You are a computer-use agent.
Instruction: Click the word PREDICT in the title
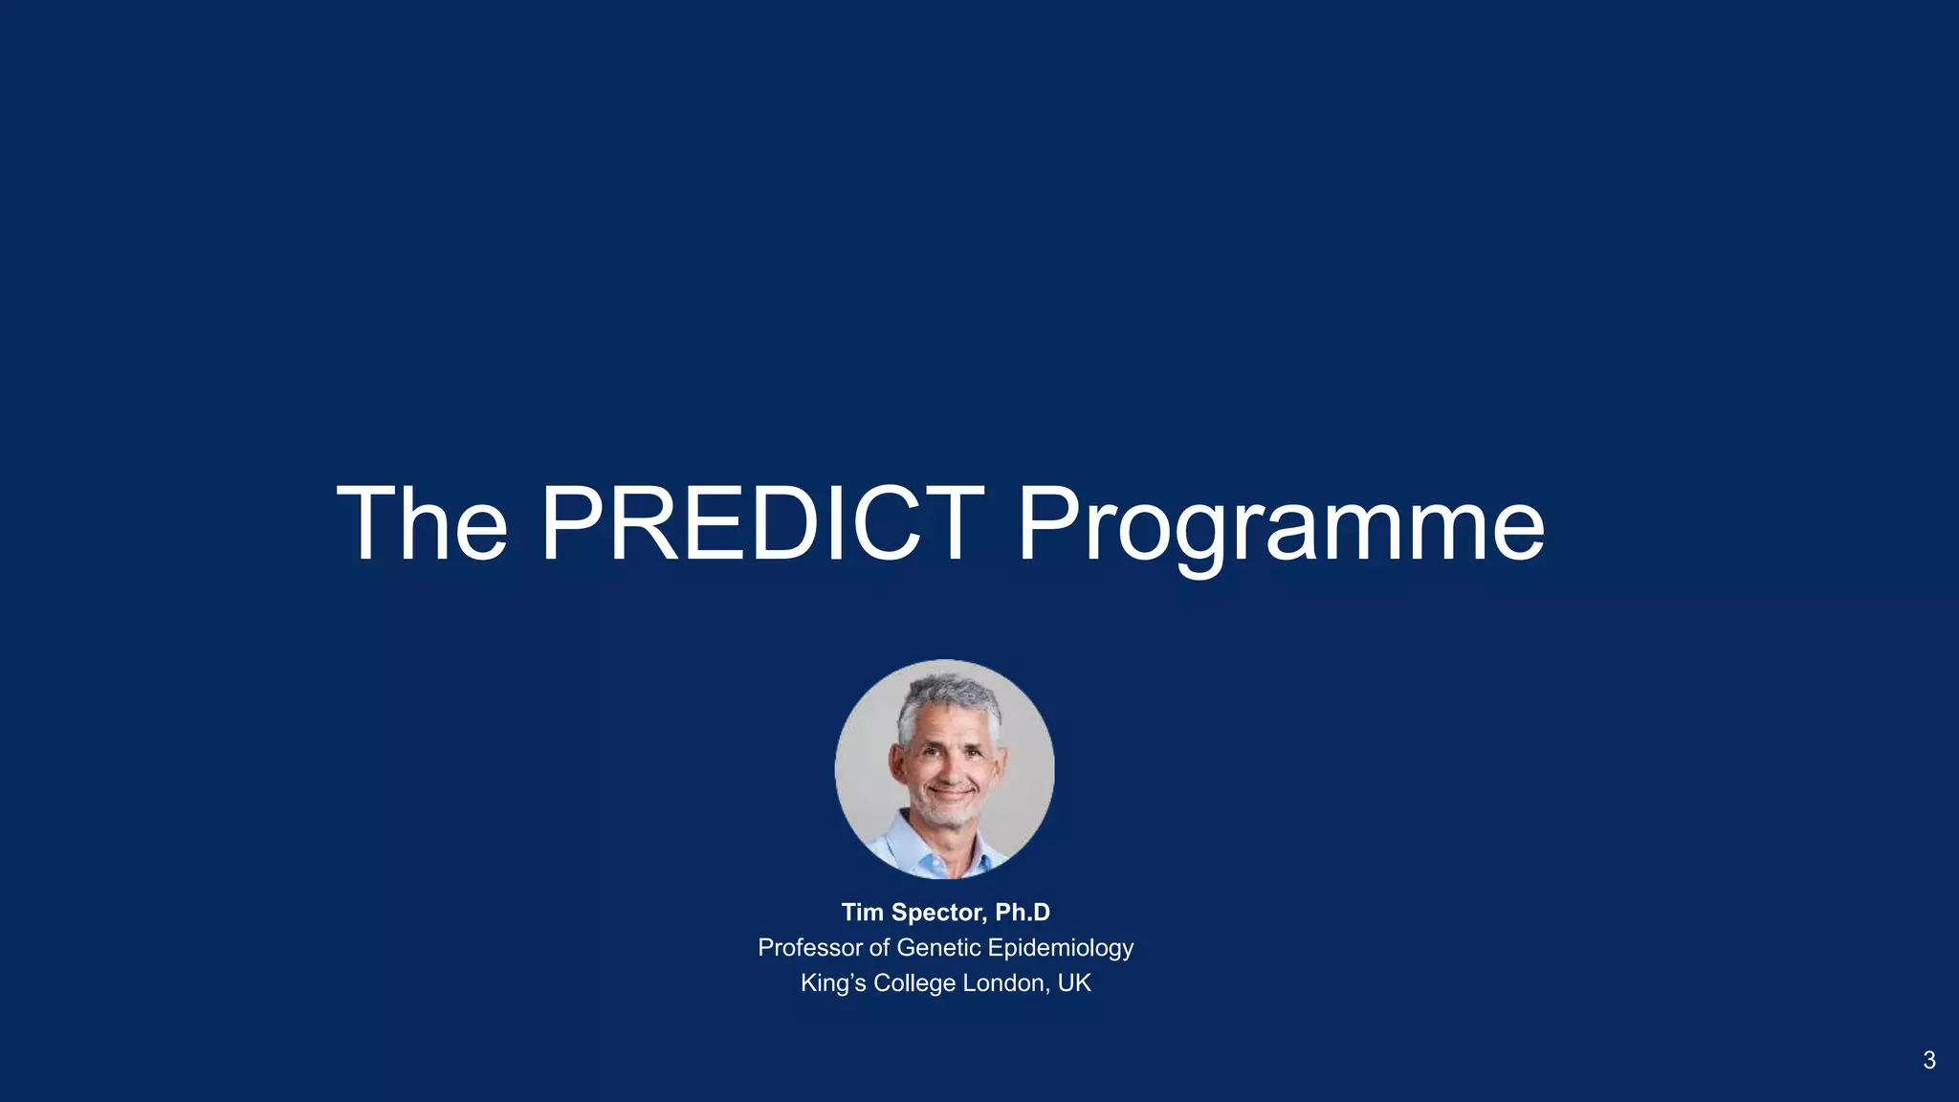point(762,524)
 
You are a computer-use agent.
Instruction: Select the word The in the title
point(422,524)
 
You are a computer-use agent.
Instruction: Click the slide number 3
point(1928,1060)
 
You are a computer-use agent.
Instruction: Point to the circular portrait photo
point(944,768)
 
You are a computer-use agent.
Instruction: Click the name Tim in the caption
point(862,913)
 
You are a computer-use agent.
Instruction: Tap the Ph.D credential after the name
point(1022,913)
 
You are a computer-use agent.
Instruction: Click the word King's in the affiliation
point(833,983)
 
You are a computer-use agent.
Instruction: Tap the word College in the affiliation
point(913,983)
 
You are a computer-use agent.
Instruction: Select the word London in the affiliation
point(1005,983)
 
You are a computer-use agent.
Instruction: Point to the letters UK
point(1074,983)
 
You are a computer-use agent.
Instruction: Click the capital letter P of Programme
point(1048,524)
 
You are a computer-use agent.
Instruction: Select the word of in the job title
point(879,948)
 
